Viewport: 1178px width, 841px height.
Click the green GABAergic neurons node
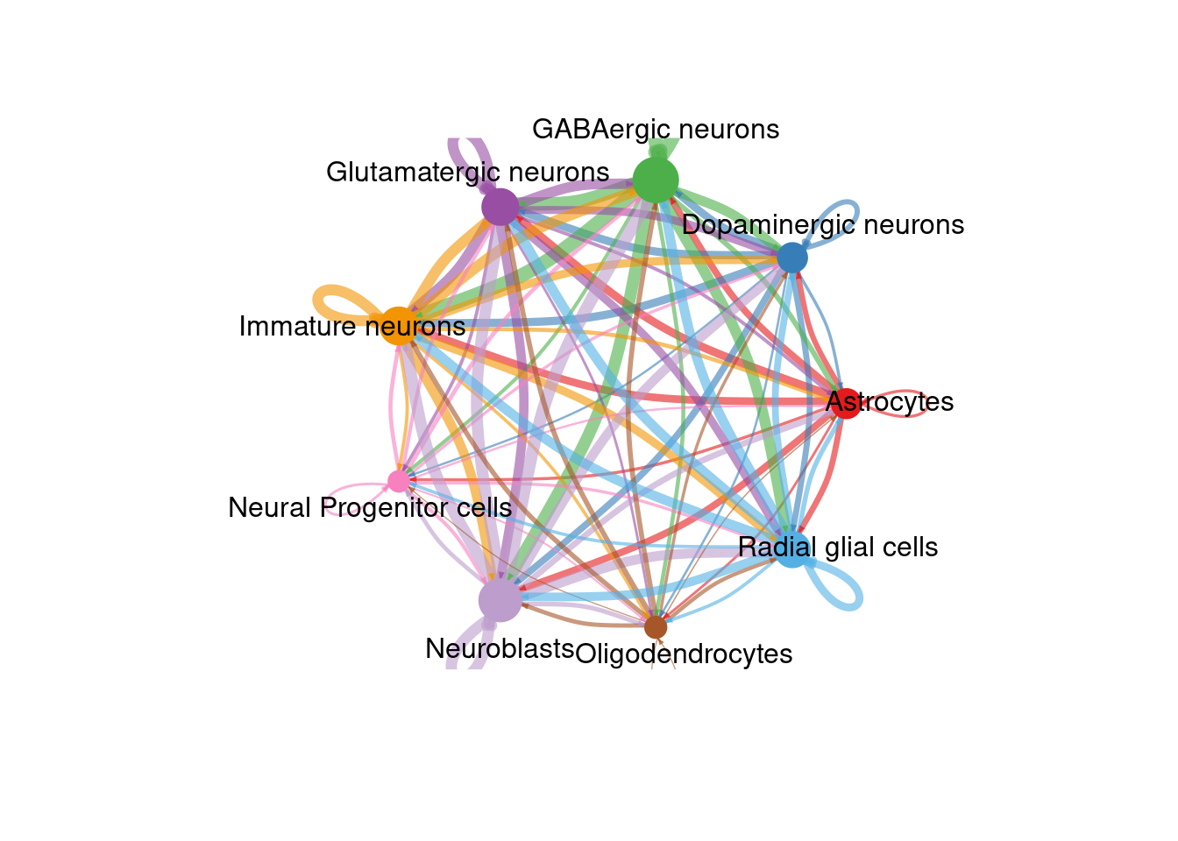click(656, 180)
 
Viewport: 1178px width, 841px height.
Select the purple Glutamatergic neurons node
click(500, 208)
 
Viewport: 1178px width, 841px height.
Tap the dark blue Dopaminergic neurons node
click(792, 258)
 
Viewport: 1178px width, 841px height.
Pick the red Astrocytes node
click(846, 403)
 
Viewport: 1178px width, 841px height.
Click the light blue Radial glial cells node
click(792, 549)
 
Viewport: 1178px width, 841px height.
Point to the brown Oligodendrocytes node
click(656, 627)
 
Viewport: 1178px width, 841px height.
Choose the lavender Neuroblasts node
click(500, 600)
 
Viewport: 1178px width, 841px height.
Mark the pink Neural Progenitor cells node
click(399, 481)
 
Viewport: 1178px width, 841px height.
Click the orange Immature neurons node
click(399, 326)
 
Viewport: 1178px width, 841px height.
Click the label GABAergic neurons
click(656, 130)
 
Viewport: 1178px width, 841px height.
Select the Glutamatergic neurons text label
click(467, 172)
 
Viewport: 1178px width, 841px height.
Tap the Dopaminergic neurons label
click(823, 225)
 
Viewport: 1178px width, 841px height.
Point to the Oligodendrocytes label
click(685, 654)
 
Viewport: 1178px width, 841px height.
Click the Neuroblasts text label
click(500, 649)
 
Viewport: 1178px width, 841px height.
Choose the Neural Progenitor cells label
click(370, 508)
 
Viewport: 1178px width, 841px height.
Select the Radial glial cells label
click(838, 548)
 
